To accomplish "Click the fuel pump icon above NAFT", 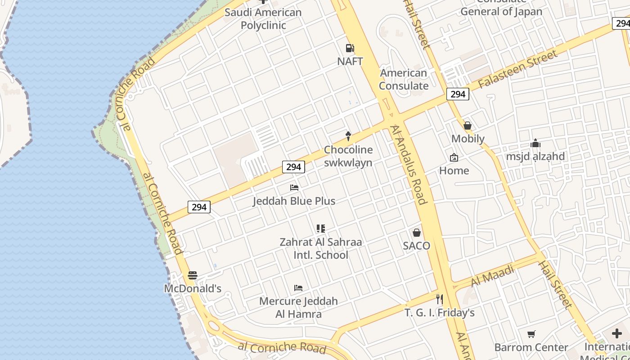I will coord(350,48).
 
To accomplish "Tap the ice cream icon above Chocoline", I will coord(348,135).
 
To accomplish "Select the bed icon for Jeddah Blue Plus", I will coord(294,187).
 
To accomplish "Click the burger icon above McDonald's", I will coord(193,275).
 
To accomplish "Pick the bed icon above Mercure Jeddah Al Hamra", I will coord(298,288).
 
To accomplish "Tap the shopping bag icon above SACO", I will coord(417,233).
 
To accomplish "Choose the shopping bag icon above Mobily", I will coord(468,126).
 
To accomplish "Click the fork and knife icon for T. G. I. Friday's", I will coord(440,299).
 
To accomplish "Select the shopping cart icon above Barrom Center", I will coord(531,334).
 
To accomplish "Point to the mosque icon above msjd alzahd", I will coord(535,144).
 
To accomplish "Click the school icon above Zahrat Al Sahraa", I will coord(320,229).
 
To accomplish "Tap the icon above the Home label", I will coord(454,157).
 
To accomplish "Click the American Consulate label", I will coord(404,79).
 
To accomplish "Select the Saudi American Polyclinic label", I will coord(263,18).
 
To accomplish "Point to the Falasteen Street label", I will coord(517,69).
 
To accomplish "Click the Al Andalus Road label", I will coord(409,164).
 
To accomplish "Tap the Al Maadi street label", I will coord(492,276).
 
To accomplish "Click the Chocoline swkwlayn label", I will coord(348,156).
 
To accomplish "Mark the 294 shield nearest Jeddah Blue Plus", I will coord(293,167).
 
